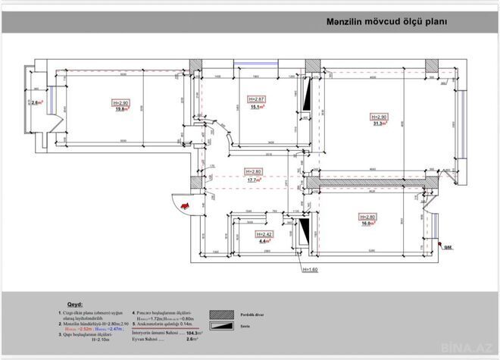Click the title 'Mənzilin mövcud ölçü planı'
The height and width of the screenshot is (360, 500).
(386, 22)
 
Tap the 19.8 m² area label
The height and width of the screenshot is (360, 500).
(120, 109)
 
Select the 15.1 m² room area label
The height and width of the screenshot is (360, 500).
(256, 107)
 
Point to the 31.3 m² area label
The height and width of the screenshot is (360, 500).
(379, 124)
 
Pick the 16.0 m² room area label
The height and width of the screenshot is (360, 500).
(366, 224)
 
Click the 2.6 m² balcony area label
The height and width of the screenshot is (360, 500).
(35, 102)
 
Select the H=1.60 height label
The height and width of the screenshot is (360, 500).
(311, 269)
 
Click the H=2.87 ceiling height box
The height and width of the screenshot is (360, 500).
(256, 99)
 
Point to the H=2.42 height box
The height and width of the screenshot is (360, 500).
(264, 234)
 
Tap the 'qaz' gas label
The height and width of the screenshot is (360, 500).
(448, 246)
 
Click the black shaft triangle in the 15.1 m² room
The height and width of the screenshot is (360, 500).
(307, 100)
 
